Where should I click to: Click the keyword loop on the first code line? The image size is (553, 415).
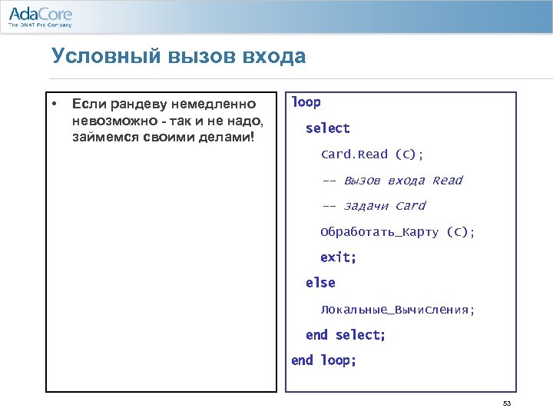pos(306,102)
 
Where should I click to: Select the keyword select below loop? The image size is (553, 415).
pos(327,128)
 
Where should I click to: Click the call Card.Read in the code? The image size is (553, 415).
pos(354,154)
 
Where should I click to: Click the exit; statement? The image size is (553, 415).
pos(338,257)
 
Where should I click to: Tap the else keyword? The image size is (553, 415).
pos(320,283)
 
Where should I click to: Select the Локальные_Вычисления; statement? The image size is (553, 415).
pos(398,310)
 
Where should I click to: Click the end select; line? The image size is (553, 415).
pos(345,335)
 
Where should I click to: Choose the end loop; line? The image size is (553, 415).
pos(323,360)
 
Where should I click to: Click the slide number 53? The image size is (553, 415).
pos(506,403)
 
